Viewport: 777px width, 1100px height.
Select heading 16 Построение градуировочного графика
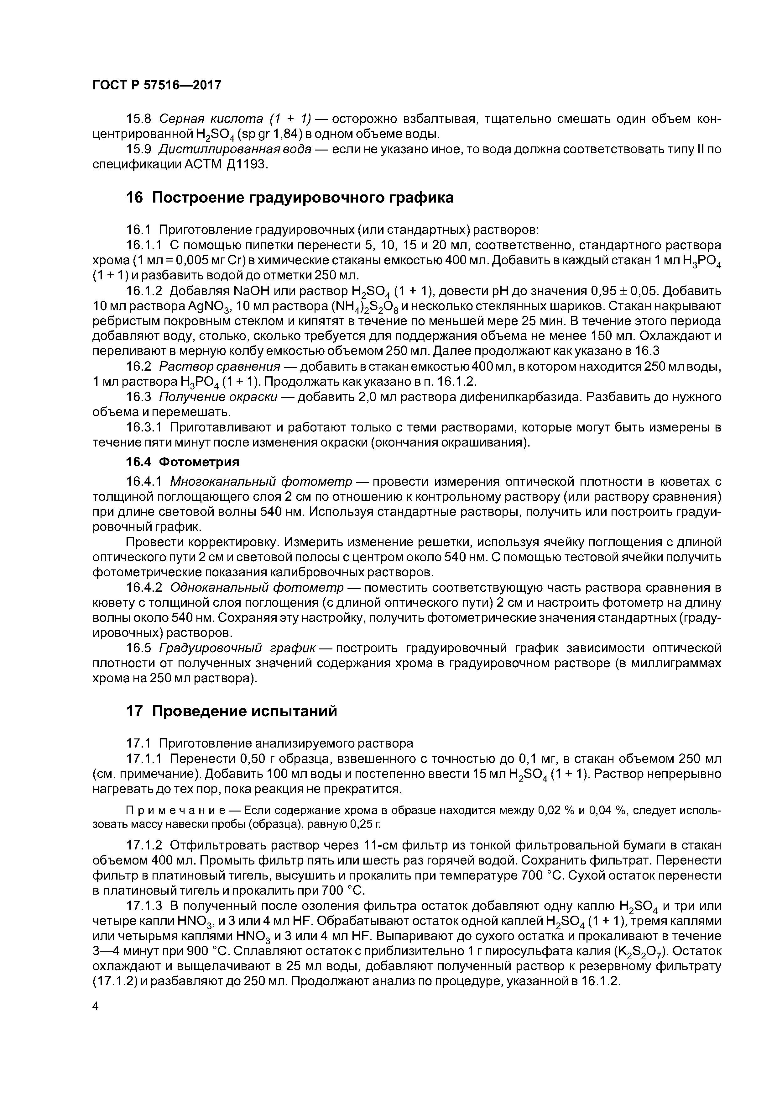coord(289,197)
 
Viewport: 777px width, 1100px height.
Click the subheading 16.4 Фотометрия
coord(182,462)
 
